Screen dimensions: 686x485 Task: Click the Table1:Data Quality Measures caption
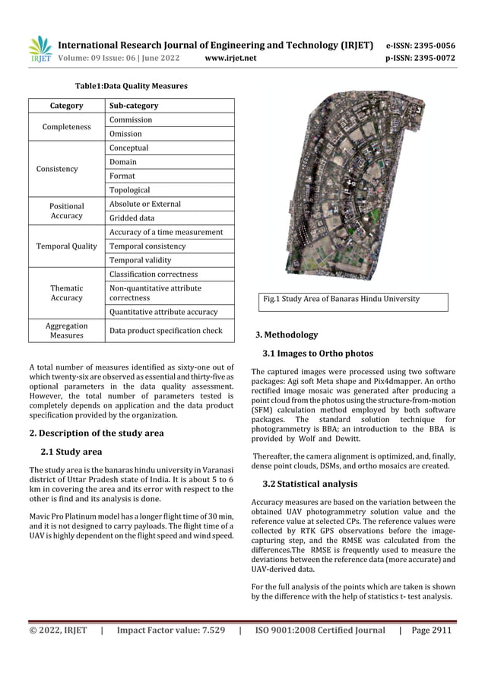130,87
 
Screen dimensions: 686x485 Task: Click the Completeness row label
67,127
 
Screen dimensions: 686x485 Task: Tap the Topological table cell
130,190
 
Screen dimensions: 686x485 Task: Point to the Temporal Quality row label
67,246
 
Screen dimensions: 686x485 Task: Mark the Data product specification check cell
166,331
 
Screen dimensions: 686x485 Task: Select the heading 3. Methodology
287,335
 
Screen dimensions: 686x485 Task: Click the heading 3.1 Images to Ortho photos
318,354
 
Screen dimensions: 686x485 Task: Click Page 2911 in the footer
431,630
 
